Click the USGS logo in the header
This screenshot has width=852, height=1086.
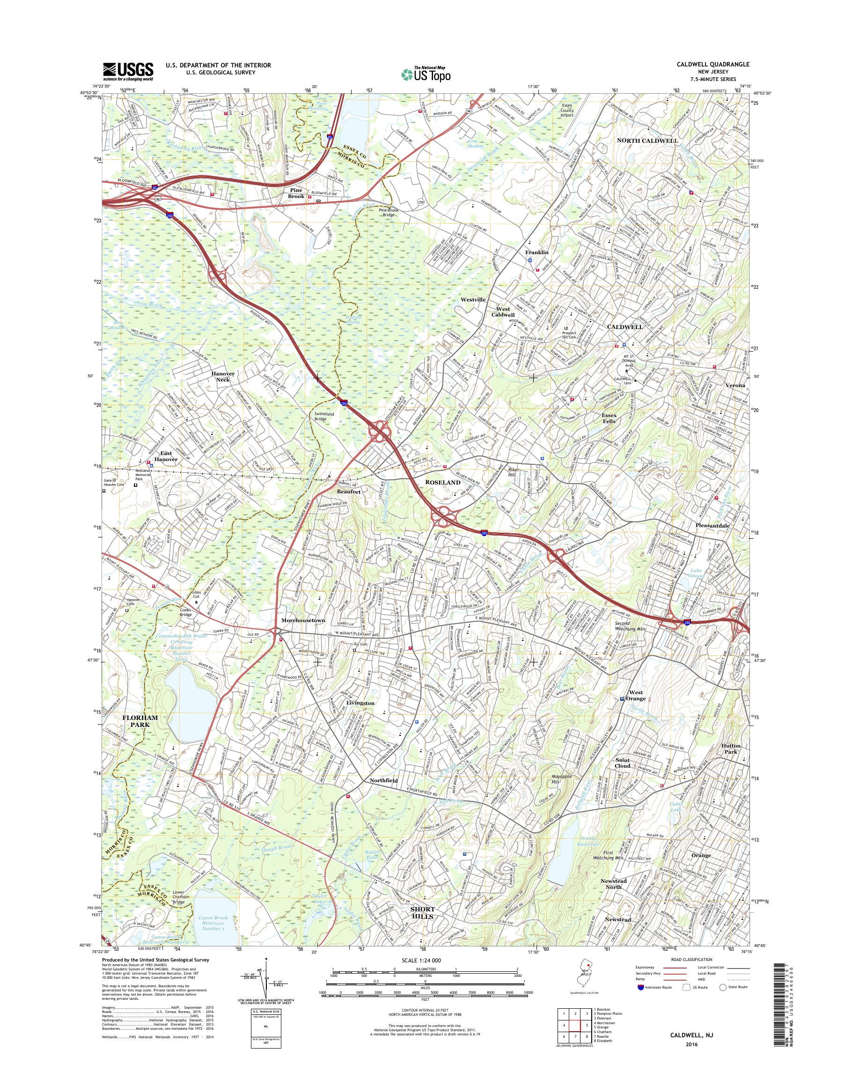tap(128, 71)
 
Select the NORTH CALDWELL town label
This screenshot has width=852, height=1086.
tap(647, 141)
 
